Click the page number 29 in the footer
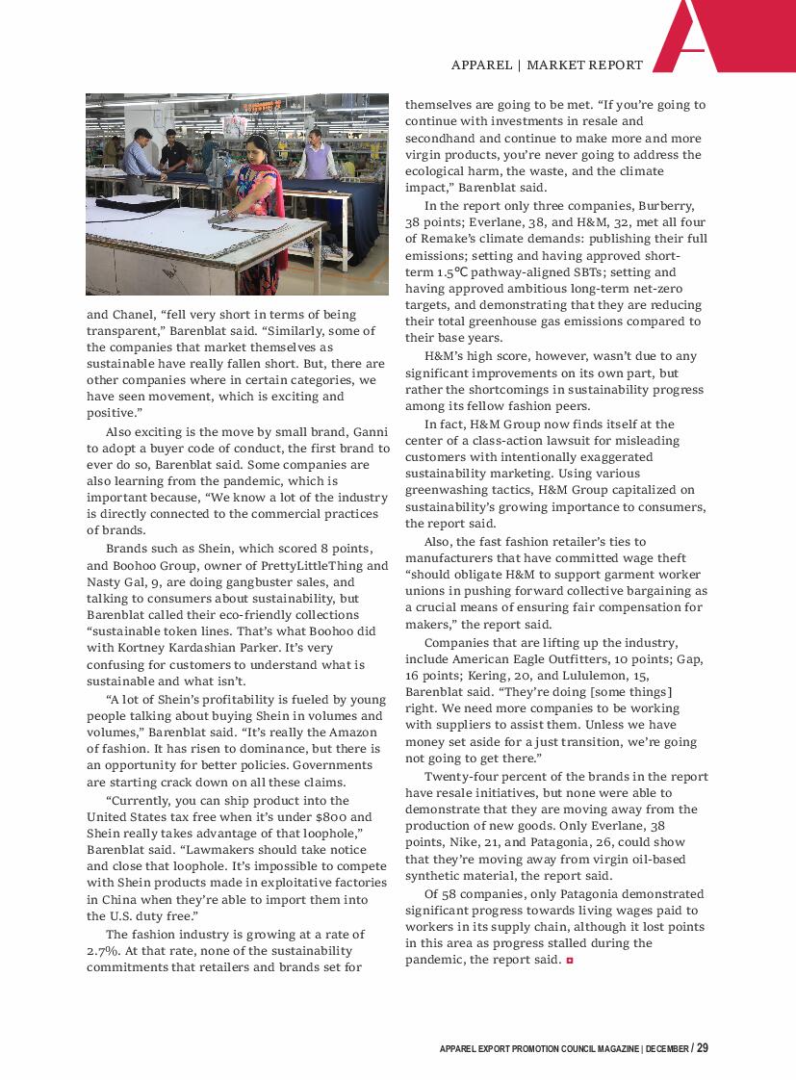(x=703, y=1047)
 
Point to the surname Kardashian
(x=205, y=648)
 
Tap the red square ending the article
(x=570, y=961)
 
